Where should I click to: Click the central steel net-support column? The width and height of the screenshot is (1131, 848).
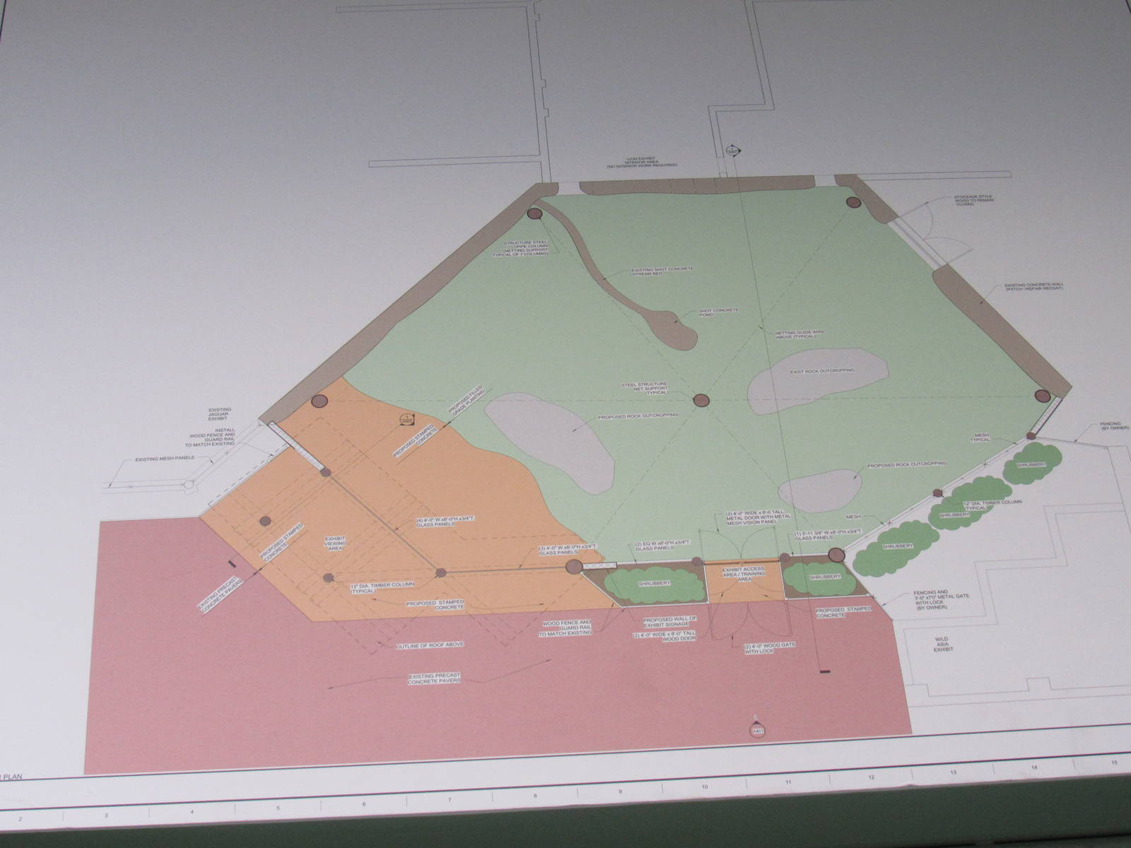tap(700, 400)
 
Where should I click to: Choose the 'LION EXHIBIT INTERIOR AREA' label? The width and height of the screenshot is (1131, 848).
tap(640, 163)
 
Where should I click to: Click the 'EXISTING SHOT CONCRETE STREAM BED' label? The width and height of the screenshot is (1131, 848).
tap(662, 273)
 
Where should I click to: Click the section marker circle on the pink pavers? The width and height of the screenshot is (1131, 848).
tap(759, 731)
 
